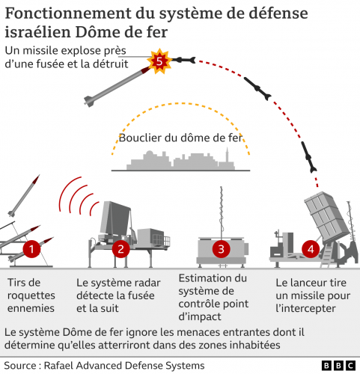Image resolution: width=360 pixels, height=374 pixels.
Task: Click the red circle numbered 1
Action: point(31,248)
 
